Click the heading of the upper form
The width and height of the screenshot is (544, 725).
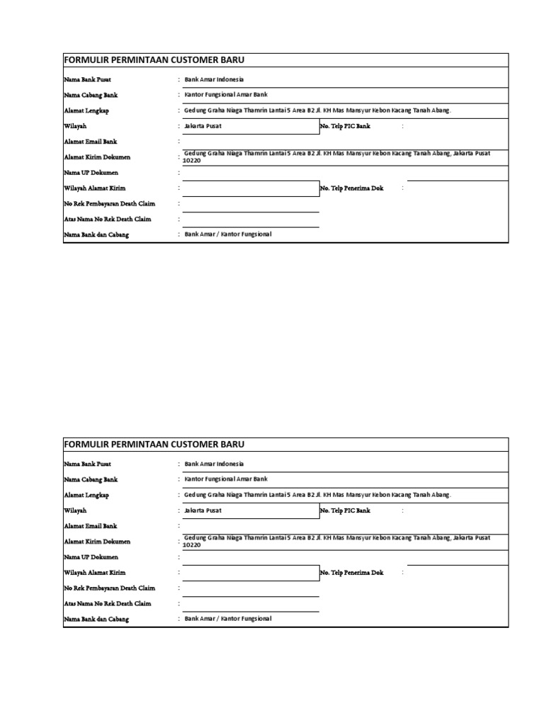click(x=154, y=60)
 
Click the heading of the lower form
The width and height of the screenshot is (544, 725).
click(x=154, y=445)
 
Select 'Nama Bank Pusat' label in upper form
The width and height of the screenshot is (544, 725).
click(x=87, y=80)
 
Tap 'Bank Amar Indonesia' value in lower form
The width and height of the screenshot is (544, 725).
click(x=214, y=464)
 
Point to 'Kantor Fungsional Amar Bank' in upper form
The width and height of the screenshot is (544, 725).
click(x=226, y=95)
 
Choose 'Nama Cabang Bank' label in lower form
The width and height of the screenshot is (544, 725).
click(x=91, y=480)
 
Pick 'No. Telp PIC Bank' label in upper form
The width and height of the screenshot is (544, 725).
click(x=345, y=126)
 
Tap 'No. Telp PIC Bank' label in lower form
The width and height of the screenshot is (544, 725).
click(x=345, y=510)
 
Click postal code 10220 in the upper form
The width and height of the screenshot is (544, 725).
click(x=192, y=161)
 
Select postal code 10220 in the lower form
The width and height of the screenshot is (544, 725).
click(x=192, y=545)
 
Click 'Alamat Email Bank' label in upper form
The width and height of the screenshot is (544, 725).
click(x=91, y=142)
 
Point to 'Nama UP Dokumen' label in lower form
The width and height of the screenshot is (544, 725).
click(x=91, y=557)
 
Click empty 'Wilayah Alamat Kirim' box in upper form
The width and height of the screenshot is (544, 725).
click(x=250, y=188)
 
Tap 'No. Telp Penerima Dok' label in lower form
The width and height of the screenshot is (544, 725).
click(x=351, y=573)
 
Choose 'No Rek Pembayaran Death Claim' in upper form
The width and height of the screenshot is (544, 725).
click(x=109, y=204)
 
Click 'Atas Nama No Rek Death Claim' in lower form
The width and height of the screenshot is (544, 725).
click(x=108, y=604)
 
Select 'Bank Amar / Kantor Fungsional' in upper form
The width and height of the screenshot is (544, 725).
click(x=228, y=234)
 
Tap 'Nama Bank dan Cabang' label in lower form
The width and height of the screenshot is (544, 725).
click(x=96, y=620)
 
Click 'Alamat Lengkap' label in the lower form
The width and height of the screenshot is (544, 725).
click(x=86, y=496)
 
